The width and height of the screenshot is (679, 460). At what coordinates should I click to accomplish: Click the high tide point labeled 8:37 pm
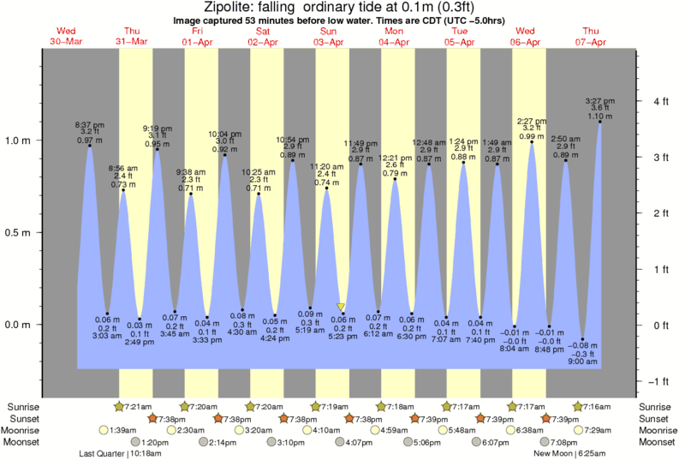[x=89, y=145]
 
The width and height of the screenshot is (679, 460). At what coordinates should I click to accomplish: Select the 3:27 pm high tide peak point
[x=599, y=122]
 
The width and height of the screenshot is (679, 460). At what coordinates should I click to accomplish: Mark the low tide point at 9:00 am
[x=583, y=339]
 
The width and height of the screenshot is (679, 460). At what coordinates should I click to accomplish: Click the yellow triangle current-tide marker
[x=341, y=307]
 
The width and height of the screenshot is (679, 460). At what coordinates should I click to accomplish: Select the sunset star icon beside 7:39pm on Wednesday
[x=545, y=418]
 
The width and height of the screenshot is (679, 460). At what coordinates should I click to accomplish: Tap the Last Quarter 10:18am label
[x=116, y=454]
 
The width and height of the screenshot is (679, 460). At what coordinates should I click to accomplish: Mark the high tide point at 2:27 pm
[x=532, y=142]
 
